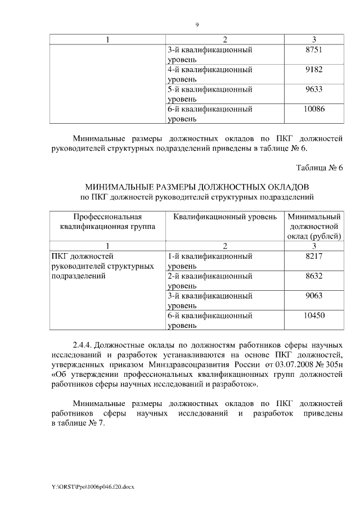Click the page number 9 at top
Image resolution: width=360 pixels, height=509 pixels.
coord(197,25)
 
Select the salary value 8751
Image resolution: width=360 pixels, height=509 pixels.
coord(314,50)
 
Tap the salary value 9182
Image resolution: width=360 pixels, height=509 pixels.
coord(314,70)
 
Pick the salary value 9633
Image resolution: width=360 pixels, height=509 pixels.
coord(314,89)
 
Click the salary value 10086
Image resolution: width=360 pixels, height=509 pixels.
coord(314,109)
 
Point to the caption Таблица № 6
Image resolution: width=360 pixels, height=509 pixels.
coord(319,168)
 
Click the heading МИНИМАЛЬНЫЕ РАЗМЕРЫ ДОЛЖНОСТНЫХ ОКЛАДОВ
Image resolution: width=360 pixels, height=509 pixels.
coord(197,186)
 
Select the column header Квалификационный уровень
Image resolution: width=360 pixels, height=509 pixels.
coord(225,217)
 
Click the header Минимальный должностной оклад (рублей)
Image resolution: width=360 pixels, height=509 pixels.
coord(314,226)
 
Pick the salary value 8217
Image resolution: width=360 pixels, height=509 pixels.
coord(314,256)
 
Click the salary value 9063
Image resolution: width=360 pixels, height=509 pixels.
coord(314,295)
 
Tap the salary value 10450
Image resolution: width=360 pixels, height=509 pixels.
coord(314,316)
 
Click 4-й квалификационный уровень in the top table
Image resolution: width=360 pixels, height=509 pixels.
coord(209,75)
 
